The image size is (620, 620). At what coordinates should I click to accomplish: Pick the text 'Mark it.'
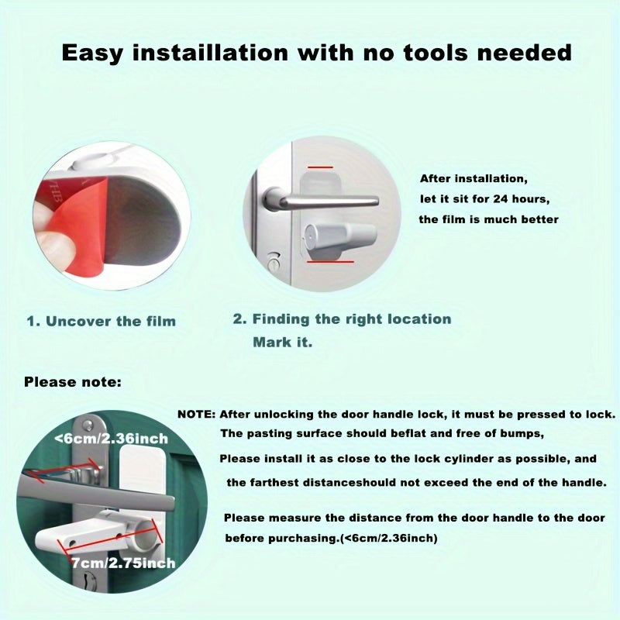tap(282, 342)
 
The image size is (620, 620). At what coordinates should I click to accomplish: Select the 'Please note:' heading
tap(73, 382)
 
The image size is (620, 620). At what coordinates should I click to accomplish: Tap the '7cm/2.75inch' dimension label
tap(122, 563)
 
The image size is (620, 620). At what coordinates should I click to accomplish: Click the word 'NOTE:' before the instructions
tap(196, 414)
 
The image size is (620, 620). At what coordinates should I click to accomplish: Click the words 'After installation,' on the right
tap(473, 177)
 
